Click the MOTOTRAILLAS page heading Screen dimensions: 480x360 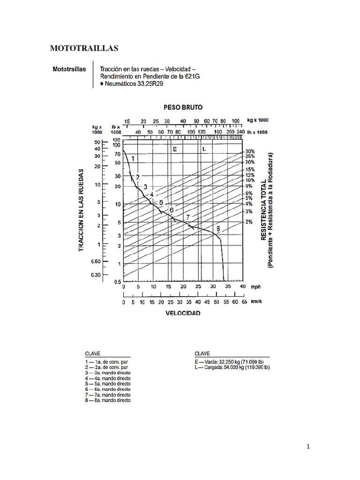coord(84,48)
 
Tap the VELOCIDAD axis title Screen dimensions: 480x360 coord(183,313)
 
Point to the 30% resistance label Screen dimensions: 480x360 coord(249,152)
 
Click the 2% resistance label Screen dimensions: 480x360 coord(248,222)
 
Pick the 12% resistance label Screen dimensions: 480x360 coord(249,175)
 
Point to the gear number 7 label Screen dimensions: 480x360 coord(187,217)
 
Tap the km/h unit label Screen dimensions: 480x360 coord(257,302)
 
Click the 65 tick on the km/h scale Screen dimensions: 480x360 coord(244,302)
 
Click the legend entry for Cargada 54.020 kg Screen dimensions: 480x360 coord(232,368)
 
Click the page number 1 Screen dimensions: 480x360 coord(308,447)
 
